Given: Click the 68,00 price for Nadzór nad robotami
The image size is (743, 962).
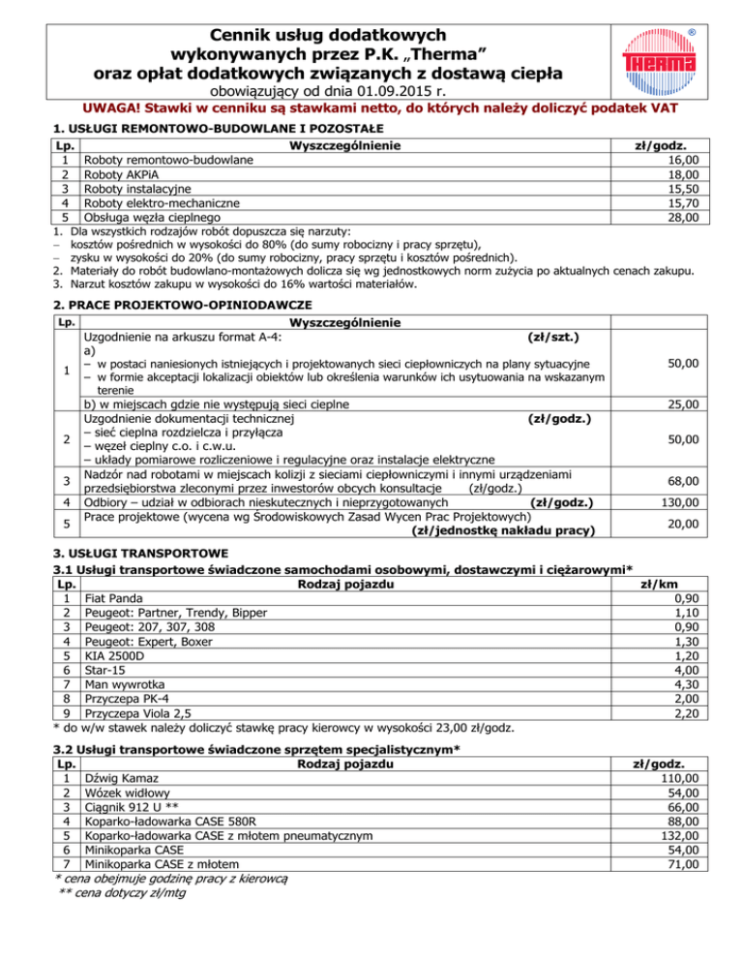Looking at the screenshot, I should click(x=677, y=481).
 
